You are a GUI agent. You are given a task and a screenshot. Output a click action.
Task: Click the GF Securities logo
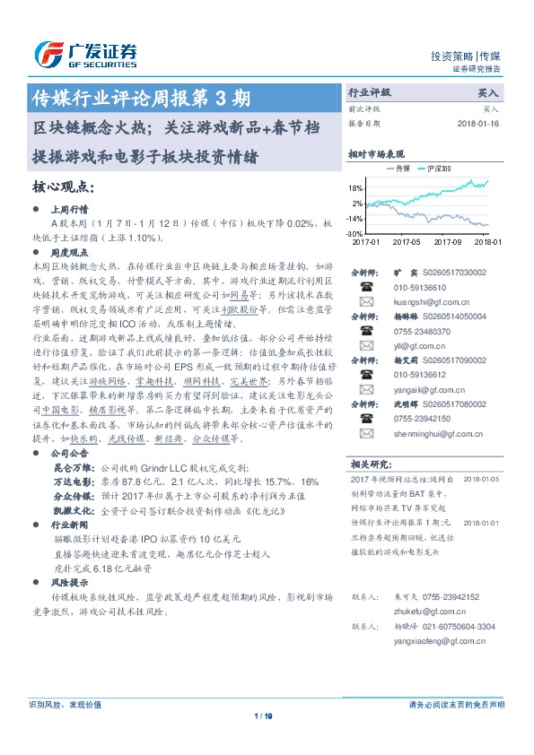pyautogui.click(x=86, y=55)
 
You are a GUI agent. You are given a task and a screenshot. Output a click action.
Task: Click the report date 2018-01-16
pyautogui.click(x=478, y=123)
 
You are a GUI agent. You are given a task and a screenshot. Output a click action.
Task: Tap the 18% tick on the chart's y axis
pyautogui.click(x=356, y=188)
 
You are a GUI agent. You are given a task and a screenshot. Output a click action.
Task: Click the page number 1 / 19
pyautogui.click(x=263, y=716)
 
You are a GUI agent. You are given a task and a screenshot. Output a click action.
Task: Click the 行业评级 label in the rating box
pyautogui.click(x=370, y=92)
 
